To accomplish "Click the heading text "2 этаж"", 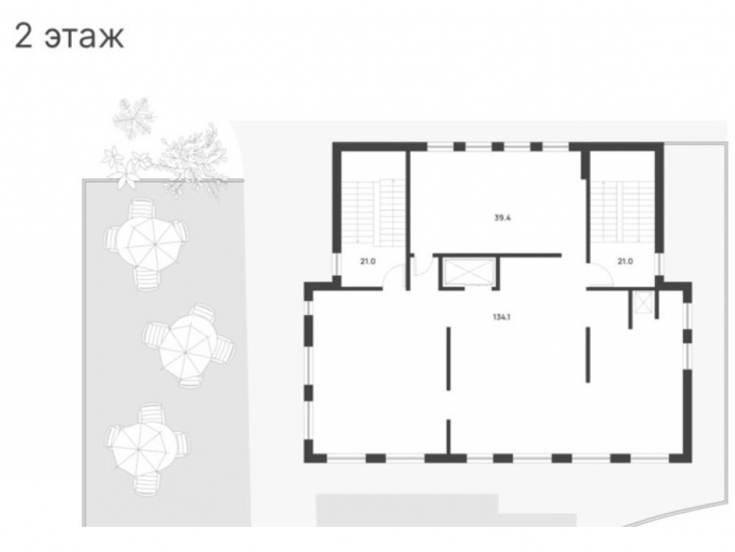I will (69, 36).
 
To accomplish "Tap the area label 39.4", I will (503, 218).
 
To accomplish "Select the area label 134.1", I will (503, 318).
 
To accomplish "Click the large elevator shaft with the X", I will (465, 272).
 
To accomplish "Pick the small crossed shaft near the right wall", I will (643, 302).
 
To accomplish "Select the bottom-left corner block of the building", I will (315, 452).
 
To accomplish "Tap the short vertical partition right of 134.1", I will (587, 355).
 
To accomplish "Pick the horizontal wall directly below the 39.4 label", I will (497, 255).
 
